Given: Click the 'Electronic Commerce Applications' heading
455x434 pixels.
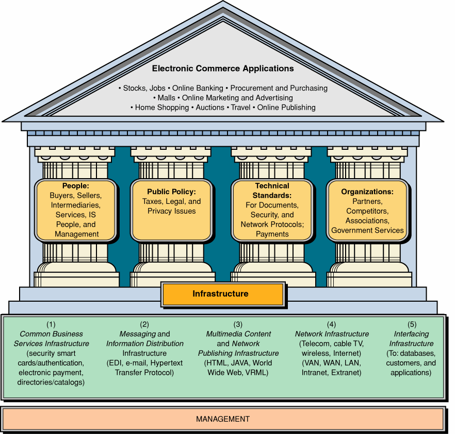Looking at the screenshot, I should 223,68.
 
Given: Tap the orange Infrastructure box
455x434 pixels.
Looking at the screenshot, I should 222,294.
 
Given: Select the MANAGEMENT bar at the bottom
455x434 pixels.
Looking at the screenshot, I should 223,419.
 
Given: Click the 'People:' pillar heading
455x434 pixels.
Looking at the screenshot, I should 75,186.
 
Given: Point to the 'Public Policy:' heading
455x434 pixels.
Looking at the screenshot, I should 171,192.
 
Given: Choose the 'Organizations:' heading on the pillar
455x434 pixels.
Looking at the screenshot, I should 367,192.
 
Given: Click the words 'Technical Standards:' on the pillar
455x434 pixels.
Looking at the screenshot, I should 272,190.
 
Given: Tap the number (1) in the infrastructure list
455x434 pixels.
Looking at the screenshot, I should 51,324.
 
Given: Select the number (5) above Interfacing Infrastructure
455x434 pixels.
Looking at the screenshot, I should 411,324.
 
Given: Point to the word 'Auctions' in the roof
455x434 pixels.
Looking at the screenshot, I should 210,108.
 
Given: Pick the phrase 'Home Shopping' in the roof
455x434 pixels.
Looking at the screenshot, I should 162,108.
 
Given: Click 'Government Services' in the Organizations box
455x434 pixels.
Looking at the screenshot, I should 367,230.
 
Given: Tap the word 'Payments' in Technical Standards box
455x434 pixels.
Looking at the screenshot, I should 272,234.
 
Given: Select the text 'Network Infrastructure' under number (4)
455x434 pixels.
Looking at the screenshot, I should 332,334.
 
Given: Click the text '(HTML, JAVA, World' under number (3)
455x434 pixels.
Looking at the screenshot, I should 238,363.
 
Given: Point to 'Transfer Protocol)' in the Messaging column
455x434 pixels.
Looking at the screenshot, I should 144,373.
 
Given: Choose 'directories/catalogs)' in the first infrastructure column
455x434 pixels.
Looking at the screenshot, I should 51,382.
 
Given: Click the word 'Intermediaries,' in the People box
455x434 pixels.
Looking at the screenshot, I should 75,205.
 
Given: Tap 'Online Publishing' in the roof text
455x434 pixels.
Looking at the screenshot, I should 286,108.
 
